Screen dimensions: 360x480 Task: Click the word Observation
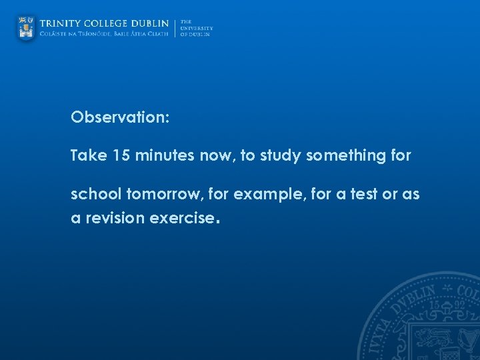(120, 118)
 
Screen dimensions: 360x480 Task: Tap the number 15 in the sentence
(121, 156)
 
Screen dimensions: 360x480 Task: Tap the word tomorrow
(155, 195)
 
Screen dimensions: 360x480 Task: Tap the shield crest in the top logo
(26, 28)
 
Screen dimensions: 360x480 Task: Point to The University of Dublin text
(196, 28)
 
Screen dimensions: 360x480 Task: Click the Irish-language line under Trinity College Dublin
(105, 35)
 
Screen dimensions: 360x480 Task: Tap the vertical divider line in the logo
(175, 28)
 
